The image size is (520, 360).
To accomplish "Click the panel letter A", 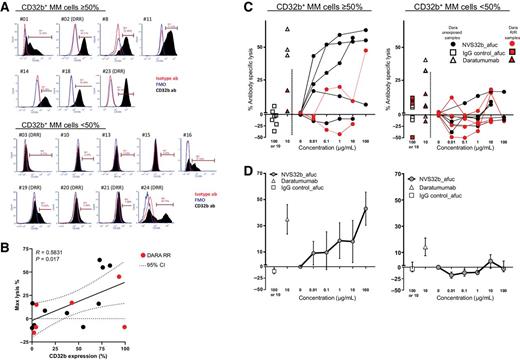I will point(7,7).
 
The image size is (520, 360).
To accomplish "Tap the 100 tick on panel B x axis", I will point(125,340).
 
